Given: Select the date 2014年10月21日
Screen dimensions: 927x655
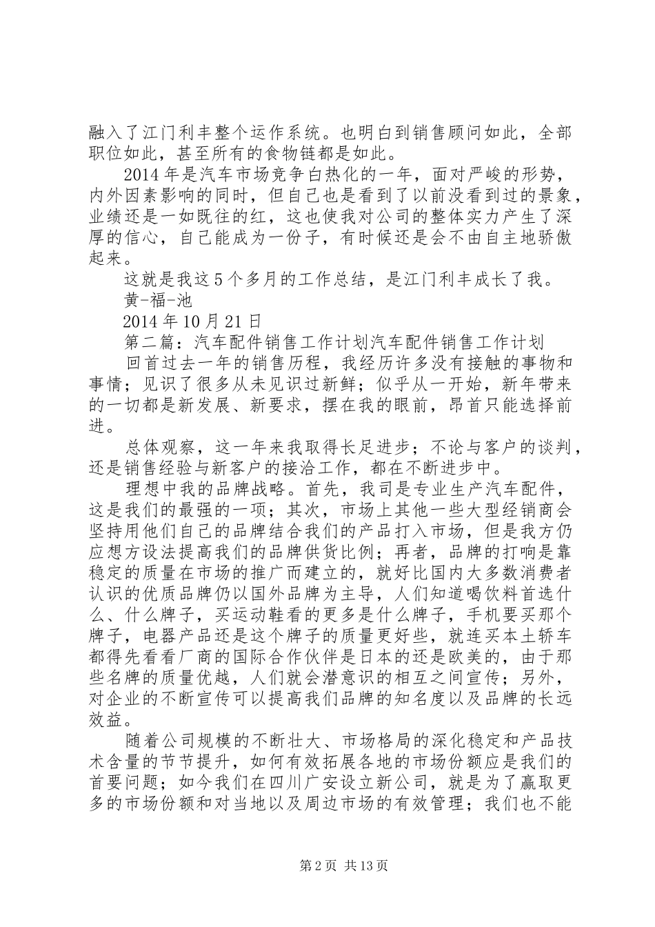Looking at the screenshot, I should click(x=192, y=321).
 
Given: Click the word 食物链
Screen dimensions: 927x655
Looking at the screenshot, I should click(x=311, y=150).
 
